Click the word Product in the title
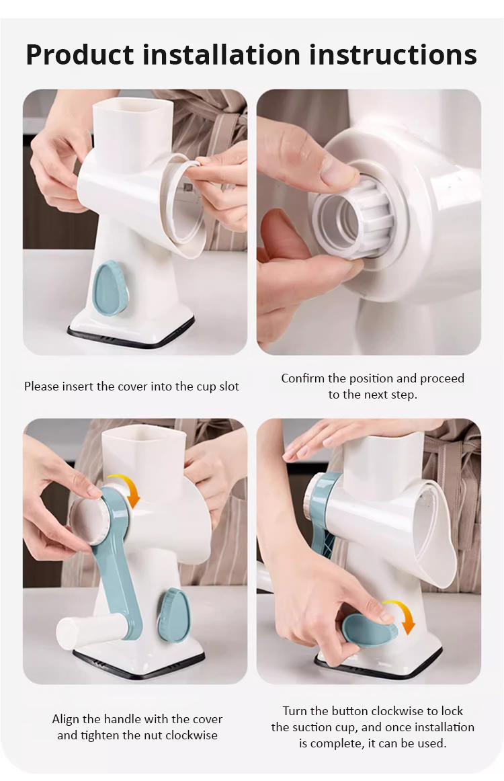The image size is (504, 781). click(80, 54)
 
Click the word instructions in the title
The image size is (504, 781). click(393, 54)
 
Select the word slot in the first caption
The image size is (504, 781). click(229, 386)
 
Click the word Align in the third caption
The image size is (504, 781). click(65, 719)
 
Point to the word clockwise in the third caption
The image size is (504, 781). click(192, 736)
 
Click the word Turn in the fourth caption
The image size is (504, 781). click(295, 711)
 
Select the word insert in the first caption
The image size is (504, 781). click(76, 386)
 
